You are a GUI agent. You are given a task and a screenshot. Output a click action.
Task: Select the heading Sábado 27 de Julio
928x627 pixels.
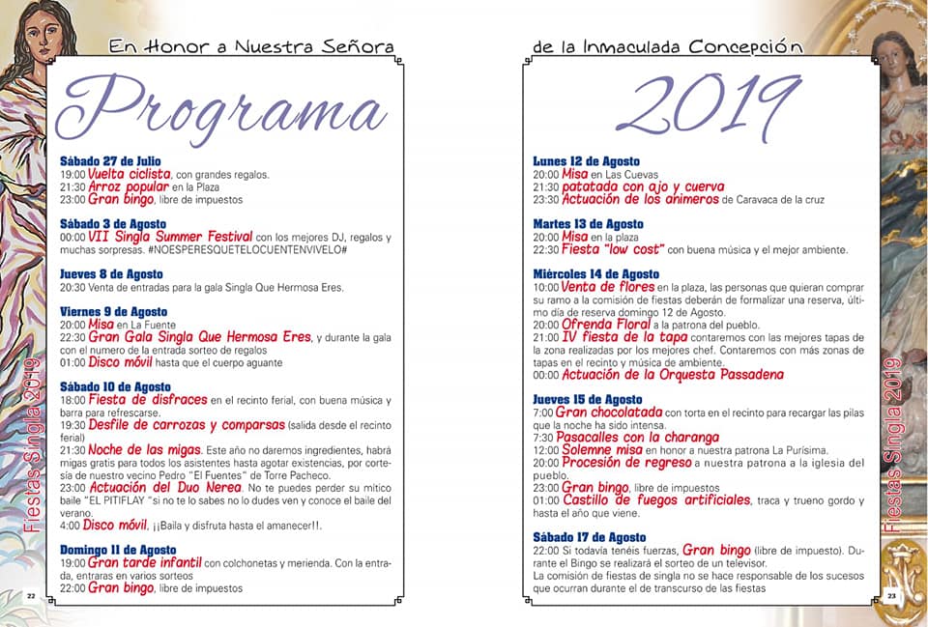click(x=110, y=160)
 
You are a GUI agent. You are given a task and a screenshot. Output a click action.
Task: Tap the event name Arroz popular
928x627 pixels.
click(x=129, y=186)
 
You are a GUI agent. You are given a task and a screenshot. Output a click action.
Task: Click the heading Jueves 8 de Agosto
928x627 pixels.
click(x=111, y=273)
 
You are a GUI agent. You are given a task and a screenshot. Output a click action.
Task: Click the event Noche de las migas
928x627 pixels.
click(x=144, y=449)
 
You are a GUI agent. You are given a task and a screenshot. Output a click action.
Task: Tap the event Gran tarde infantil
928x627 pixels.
click(x=144, y=562)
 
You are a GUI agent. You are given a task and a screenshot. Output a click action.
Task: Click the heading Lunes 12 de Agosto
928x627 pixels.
click(x=587, y=160)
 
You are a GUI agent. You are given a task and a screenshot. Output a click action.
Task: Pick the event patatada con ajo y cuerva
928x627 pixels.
click(x=643, y=186)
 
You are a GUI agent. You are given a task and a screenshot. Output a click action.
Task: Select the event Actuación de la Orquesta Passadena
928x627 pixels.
click(x=673, y=375)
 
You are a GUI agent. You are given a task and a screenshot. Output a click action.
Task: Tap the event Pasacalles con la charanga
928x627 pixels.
click(x=640, y=437)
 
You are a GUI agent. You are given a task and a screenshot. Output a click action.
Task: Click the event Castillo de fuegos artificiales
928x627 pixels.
click(x=656, y=499)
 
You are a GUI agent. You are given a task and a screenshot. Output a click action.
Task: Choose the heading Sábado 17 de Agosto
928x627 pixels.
click(x=589, y=537)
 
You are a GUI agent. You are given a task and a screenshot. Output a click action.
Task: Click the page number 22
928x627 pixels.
click(x=31, y=595)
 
